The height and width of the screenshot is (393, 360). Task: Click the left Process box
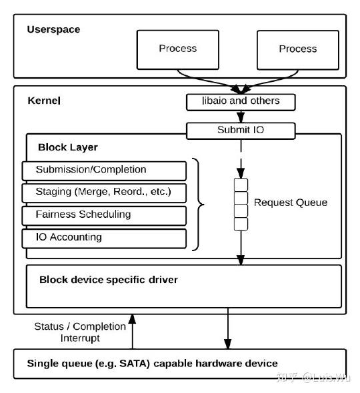click(x=177, y=50)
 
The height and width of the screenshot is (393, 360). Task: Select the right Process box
click(x=298, y=50)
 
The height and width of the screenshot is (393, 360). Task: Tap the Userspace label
click(x=53, y=29)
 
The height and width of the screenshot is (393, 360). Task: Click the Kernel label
click(x=44, y=101)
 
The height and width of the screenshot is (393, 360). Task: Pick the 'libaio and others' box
click(x=241, y=102)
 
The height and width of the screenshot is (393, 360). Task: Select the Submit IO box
click(x=241, y=131)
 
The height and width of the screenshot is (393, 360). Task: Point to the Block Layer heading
click(x=68, y=147)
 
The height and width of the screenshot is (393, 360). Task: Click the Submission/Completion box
click(x=104, y=171)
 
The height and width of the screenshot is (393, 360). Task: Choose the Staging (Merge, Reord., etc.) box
click(x=104, y=193)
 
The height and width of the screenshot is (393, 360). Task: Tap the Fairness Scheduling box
click(x=104, y=216)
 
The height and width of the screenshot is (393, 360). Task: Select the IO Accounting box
click(x=104, y=238)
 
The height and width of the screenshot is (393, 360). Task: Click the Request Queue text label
click(x=291, y=202)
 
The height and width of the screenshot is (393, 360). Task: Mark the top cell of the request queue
click(x=241, y=185)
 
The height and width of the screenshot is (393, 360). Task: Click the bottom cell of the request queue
click(x=241, y=224)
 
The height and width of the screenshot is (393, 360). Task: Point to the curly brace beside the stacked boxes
click(x=198, y=204)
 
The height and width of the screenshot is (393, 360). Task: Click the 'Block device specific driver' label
click(x=109, y=280)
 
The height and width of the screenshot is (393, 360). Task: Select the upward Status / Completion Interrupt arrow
click(x=132, y=331)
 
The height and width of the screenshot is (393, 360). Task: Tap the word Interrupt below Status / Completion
click(x=80, y=338)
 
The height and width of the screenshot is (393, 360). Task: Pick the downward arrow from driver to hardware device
click(x=228, y=328)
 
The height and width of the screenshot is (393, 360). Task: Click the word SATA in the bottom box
click(x=134, y=364)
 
